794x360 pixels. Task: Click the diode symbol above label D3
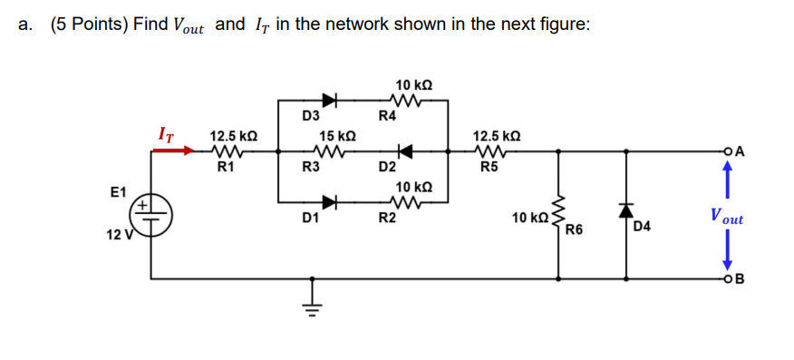[x=330, y=100]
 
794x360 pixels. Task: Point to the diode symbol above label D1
[x=330, y=201]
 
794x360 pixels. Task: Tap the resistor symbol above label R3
[x=325, y=151]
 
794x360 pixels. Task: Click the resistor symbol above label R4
[x=402, y=100]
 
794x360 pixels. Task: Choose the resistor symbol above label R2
[x=402, y=201]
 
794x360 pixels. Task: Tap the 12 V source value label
[x=119, y=236]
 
